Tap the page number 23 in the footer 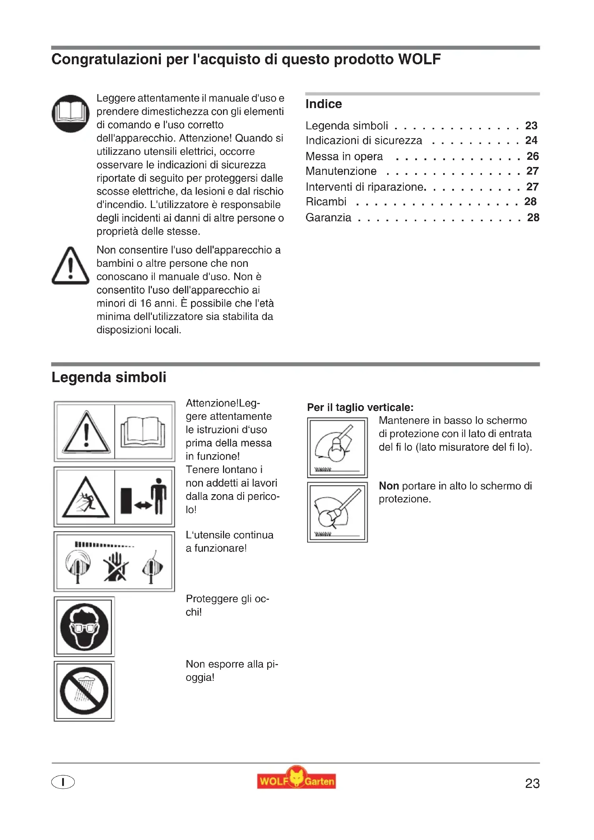click(x=532, y=783)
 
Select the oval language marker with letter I click(x=63, y=782)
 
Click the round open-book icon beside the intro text click(x=71, y=113)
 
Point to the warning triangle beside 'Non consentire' click(x=71, y=266)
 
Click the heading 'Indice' click(x=324, y=104)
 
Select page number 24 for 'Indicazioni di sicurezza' click(x=531, y=140)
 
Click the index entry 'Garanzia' click(x=329, y=218)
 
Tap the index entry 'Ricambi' click(x=326, y=201)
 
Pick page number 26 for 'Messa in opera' click(x=533, y=156)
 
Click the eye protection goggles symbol click(x=84, y=627)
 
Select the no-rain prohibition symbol click(x=84, y=691)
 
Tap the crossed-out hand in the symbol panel click(x=116, y=567)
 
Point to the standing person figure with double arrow click(x=158, y=496)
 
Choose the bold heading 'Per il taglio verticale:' click(x=360, y=407)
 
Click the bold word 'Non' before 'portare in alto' click(x=389, y=486)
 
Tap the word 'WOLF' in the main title click(x=419, y=59)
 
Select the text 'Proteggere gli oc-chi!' click(x=227, y=605)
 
